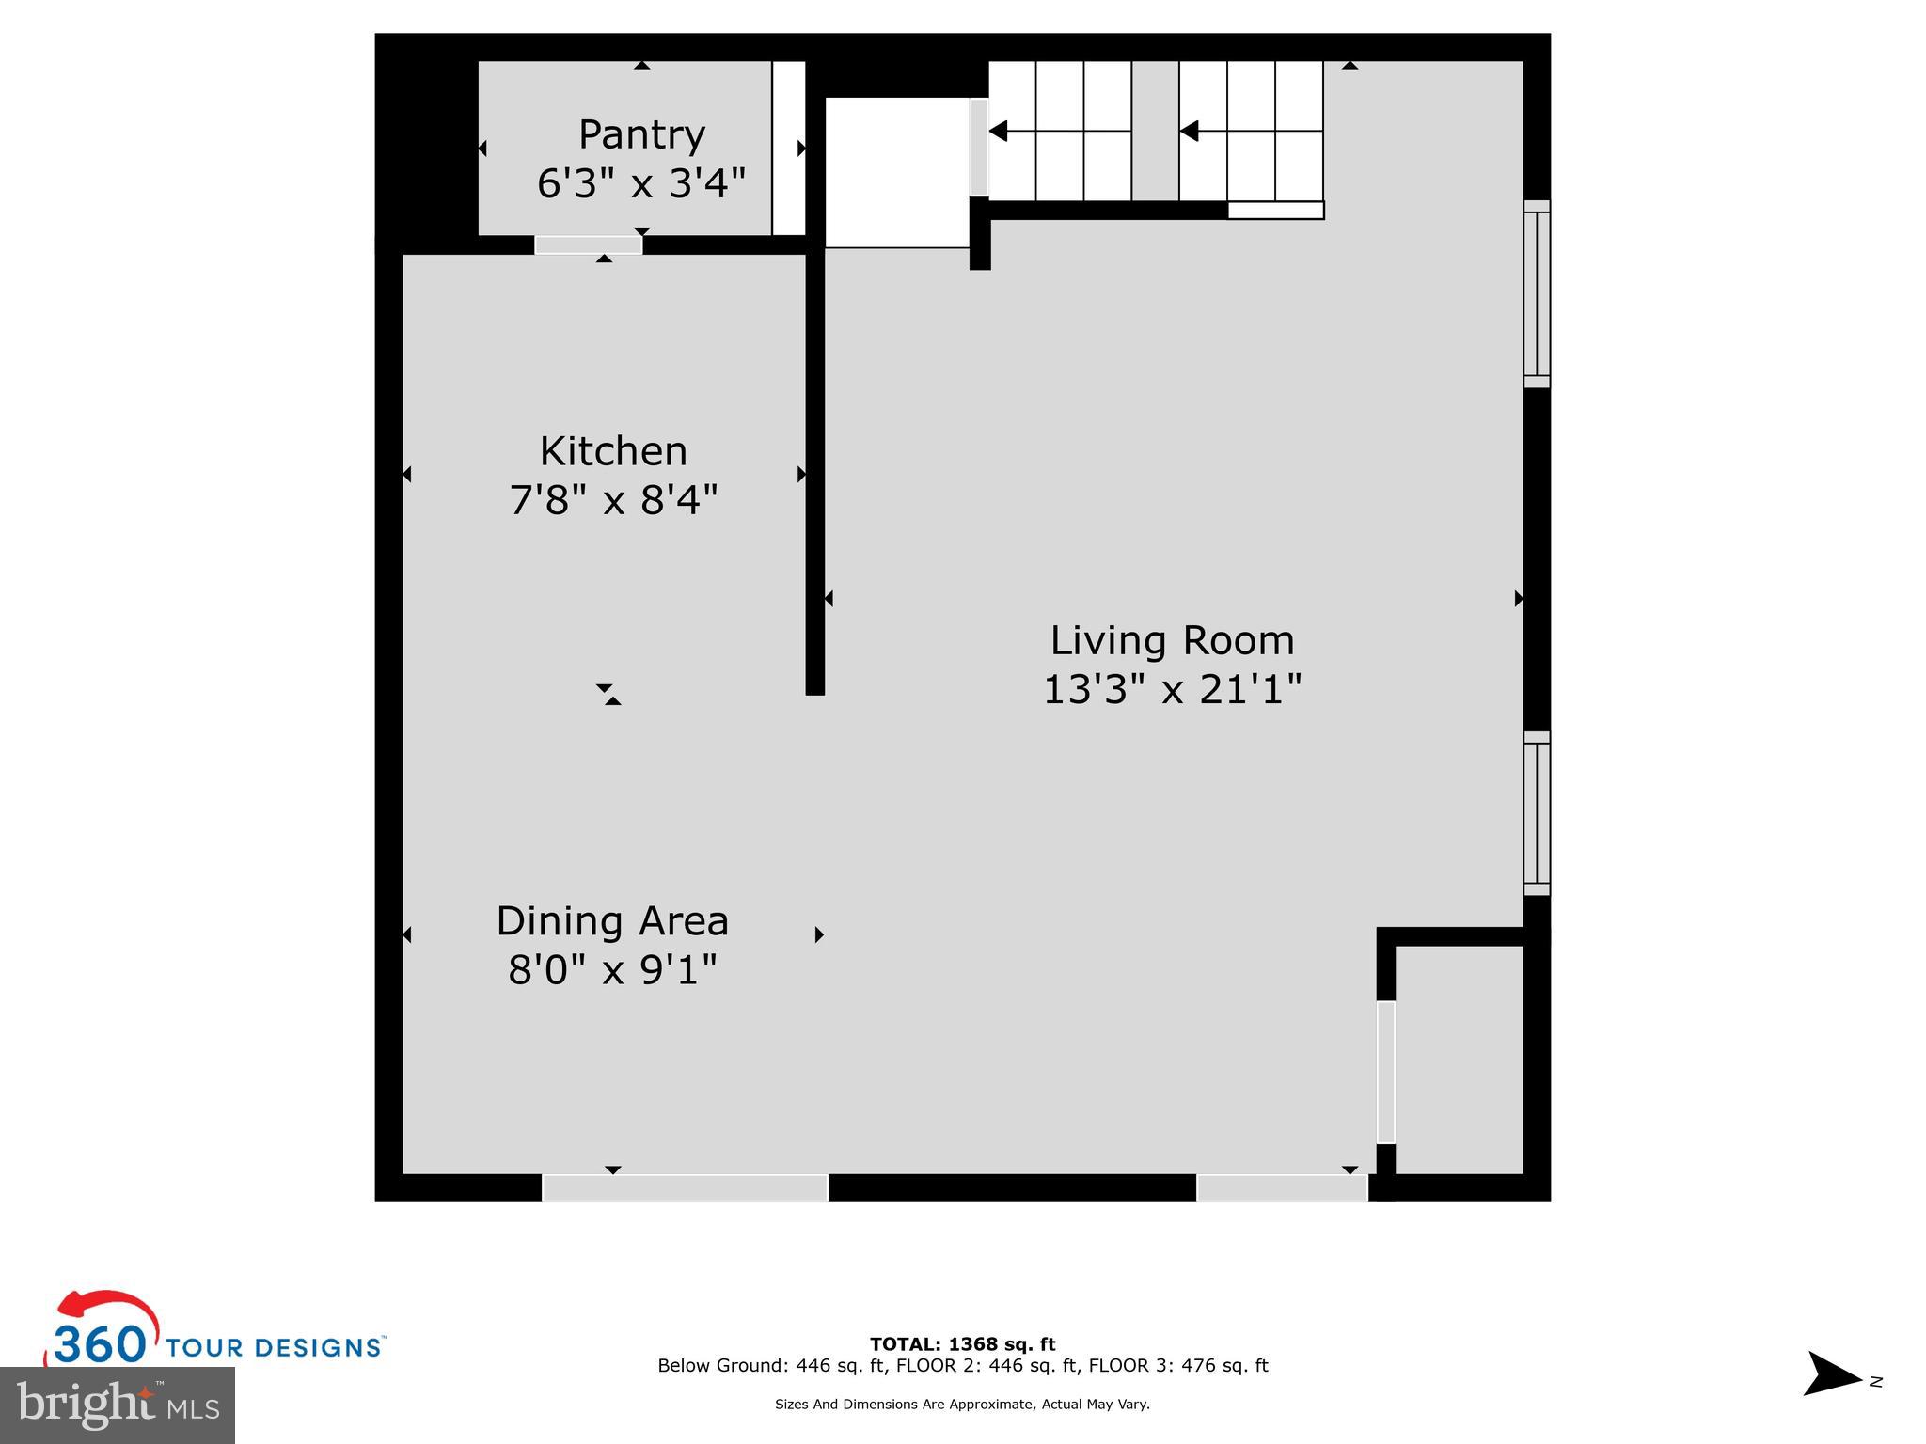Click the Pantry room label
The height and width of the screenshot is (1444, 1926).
click(641, 135)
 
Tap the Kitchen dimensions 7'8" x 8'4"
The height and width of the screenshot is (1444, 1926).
click(613, 500)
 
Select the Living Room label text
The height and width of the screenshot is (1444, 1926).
click(1172, 641)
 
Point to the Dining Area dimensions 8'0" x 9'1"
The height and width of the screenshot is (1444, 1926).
click(612, 969)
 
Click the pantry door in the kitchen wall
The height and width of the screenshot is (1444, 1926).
click(589, 244)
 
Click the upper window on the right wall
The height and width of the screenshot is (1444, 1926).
click(1536, 293)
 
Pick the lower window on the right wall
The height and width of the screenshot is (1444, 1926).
click(1536, 813)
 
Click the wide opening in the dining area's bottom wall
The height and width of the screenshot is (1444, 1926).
click(685, 1188)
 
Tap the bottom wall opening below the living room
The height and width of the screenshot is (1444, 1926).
click(1281, 1188)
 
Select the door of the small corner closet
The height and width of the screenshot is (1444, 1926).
click(1385, 1072)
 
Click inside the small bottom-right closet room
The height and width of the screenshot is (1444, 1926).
click(1458, 1059)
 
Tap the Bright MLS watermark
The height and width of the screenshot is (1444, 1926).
click(118, 1405)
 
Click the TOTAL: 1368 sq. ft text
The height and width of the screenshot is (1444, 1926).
click(962, 1344)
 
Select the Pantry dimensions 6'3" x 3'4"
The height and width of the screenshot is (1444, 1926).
click(641, 184)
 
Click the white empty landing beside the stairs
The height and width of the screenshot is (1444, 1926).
click(897, 172)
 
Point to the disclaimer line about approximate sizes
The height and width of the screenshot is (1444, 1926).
click(962, 1405)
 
